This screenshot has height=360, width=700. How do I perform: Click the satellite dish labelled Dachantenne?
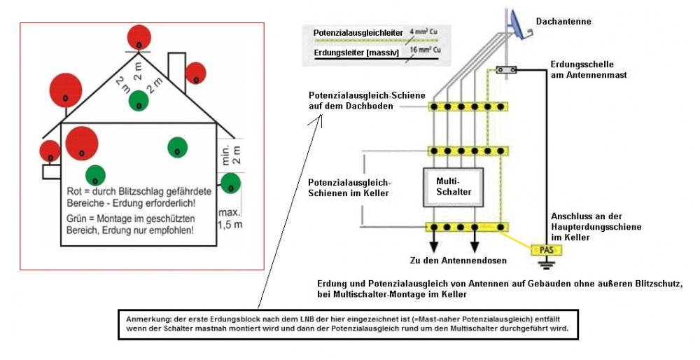[518, 24]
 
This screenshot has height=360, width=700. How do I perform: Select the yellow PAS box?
[546, 249]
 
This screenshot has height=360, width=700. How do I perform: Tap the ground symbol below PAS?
[546, 263]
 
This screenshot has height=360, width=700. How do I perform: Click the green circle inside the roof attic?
[139, 101]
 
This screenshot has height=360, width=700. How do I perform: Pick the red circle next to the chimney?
[195, 73]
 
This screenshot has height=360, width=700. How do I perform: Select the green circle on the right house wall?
[230, 184]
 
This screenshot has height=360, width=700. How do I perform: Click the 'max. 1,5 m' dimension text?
[229, 218]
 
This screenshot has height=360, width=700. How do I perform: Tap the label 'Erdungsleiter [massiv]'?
[351, 51]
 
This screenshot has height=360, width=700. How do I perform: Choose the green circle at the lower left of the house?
[95, 175]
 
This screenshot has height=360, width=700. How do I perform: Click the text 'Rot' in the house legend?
[73, 191]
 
